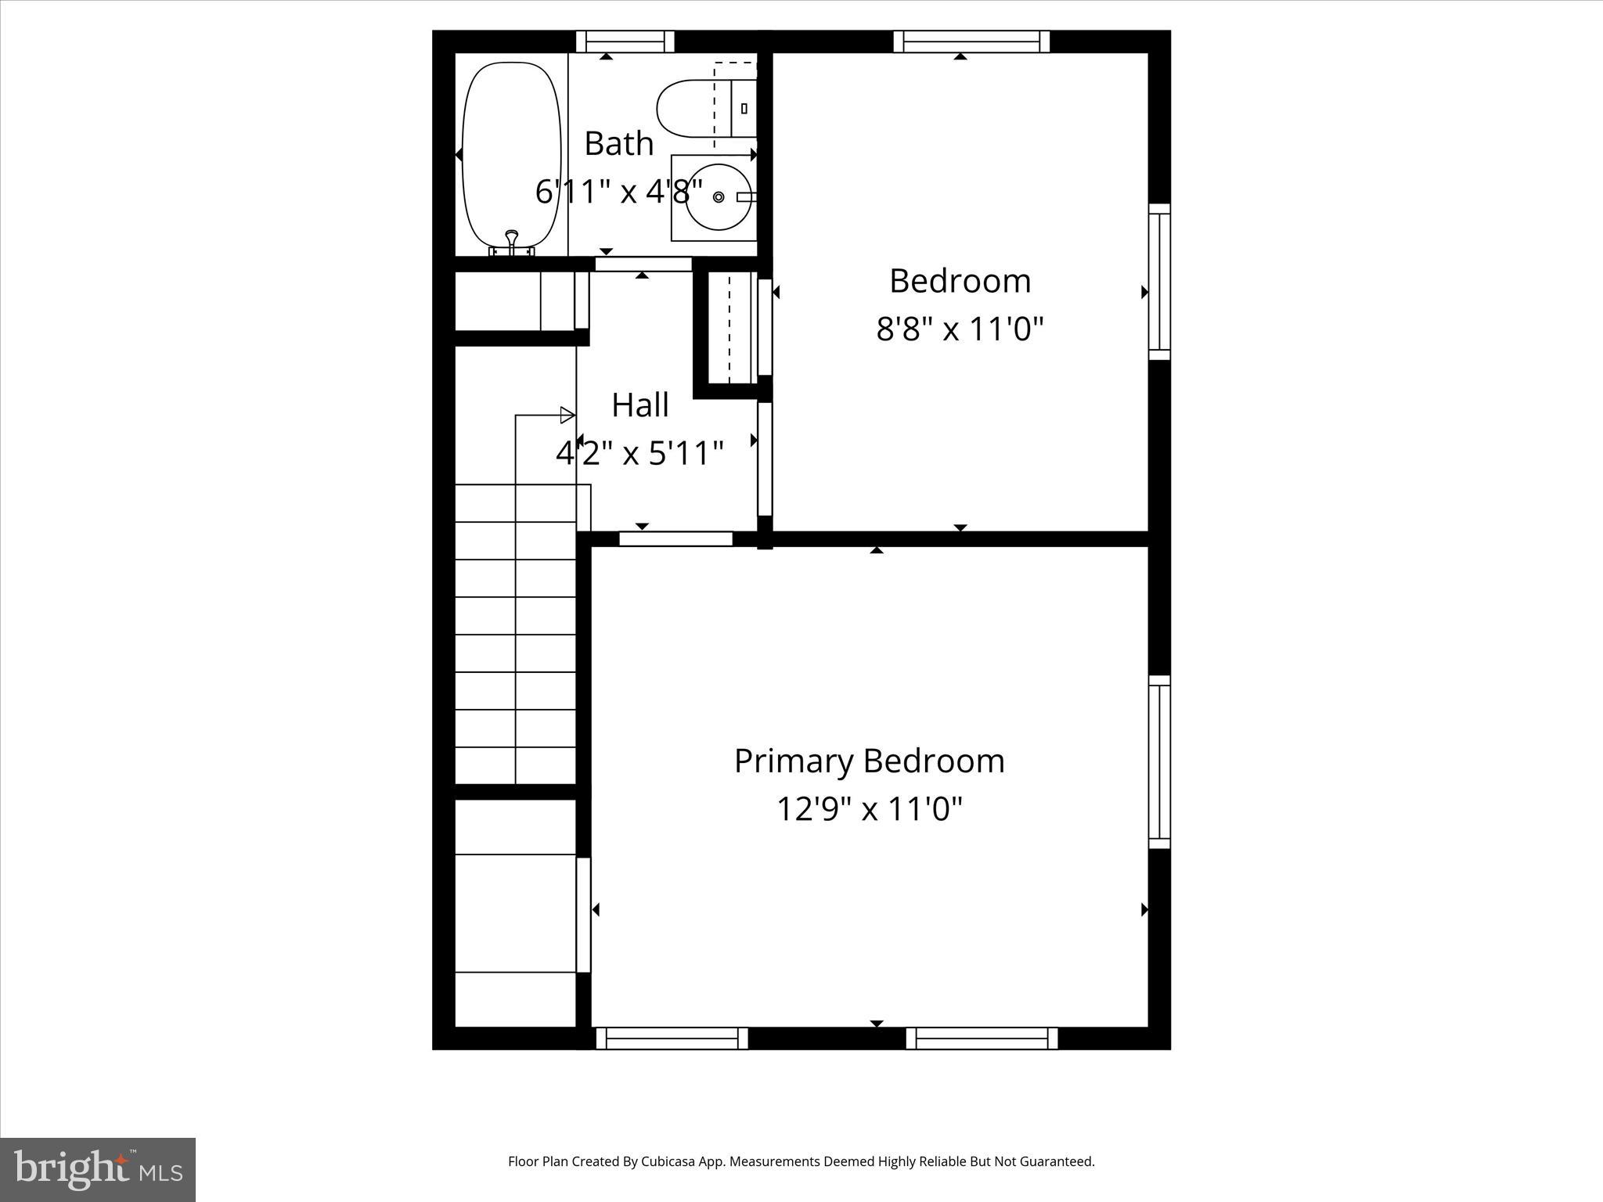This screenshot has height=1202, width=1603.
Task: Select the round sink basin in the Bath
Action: [x=718, y=196]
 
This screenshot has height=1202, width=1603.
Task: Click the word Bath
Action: [x=618, y=144]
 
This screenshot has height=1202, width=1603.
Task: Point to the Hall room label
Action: [x=639, y=405]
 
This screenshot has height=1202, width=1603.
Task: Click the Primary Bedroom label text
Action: [x=869, y=761]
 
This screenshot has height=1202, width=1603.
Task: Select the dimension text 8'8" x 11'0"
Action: [x=960, y=329]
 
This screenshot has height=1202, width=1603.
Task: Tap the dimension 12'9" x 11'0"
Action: [x=869, y=809]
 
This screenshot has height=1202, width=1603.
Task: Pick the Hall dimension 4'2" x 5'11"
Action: [x=639, y=453]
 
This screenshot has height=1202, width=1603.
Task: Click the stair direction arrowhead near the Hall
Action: [x=567, y=416]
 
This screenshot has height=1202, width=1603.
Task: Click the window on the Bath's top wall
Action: [x=625, y=41]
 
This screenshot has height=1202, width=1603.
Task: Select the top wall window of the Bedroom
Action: [x=971, y=41]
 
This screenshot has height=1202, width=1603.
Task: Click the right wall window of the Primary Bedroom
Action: [x=1159, y=761]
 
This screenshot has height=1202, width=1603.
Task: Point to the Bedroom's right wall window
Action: [x=1159, y=282]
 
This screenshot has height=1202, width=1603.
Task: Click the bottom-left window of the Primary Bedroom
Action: [x=672, y=1038]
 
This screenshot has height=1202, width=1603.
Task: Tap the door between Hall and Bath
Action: [x=643, y=265]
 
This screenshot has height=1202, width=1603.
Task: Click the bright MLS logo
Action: [x=98, y=1170]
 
